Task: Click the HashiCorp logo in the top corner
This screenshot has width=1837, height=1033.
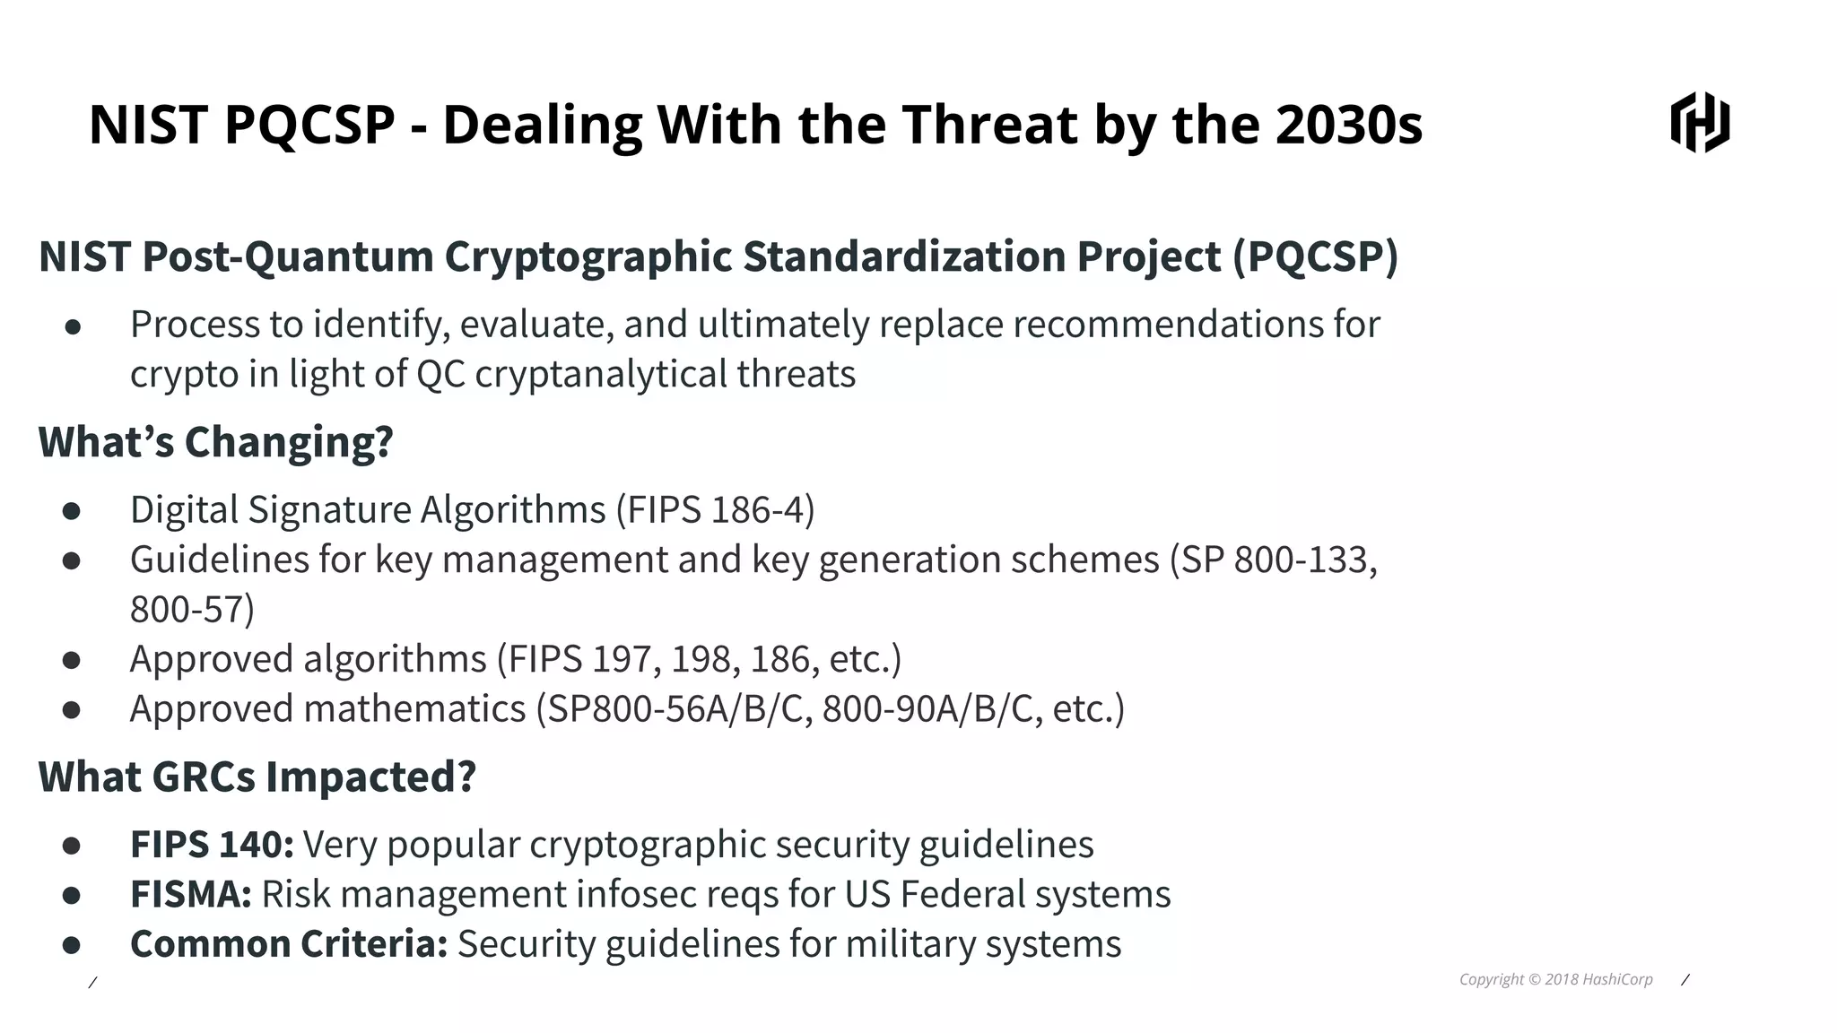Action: (x=1700, y=122)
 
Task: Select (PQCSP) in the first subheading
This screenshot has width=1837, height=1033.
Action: (x=1315, y=256)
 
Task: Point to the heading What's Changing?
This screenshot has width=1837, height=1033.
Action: (x=215, y=442)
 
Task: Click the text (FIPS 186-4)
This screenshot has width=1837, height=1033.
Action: (x=715, y=510)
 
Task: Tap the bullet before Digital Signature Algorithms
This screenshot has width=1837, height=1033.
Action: (x=72, y=511)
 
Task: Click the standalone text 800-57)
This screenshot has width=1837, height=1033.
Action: (x=192, y=610)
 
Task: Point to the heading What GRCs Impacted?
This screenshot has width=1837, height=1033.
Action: (x=257, y=777)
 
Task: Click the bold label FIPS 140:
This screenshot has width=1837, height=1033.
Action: (x=212, y=845)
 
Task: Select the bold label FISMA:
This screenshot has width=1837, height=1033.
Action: (x=191, y=895)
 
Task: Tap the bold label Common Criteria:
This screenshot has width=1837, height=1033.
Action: (x=289, y=944)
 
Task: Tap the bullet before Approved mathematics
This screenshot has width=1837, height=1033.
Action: (x=72, y=710)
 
